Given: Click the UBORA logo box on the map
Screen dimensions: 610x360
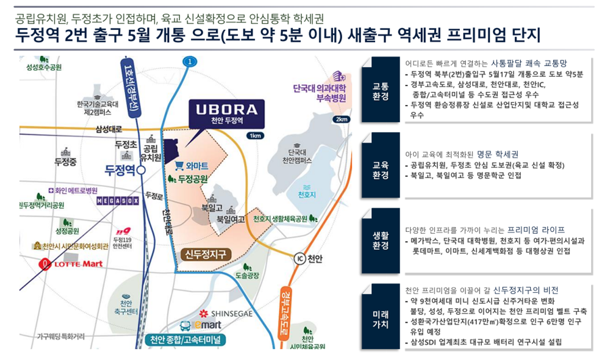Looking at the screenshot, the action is (226, 114).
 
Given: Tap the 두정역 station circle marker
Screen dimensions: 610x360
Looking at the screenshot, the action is (142, 170).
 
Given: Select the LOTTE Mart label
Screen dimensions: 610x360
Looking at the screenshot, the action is (72, 264).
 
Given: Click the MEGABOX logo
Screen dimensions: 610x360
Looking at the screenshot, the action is (118, 201).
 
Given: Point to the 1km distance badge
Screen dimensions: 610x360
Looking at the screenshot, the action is (255, 135).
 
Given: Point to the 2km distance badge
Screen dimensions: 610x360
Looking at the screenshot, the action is (341, 119).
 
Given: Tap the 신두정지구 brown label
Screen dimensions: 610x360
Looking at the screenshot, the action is (206, 254).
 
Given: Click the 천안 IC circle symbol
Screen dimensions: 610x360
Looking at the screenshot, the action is (300, 259).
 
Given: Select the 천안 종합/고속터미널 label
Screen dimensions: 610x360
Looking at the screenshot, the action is (185, 340).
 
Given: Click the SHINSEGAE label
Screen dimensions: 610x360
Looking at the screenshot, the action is (226, 313).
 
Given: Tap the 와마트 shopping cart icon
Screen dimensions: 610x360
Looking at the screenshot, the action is (179, 166).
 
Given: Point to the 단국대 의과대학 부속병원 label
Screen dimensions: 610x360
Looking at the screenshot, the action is (319, 93).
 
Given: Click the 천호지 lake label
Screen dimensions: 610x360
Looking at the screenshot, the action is (307, 195).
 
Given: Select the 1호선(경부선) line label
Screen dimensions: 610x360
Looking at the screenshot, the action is (131, 88).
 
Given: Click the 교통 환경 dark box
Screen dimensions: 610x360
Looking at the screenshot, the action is (381, 90).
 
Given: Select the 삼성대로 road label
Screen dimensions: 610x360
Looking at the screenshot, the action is (109, 129).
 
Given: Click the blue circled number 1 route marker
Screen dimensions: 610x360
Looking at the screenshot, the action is (190, 62).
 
